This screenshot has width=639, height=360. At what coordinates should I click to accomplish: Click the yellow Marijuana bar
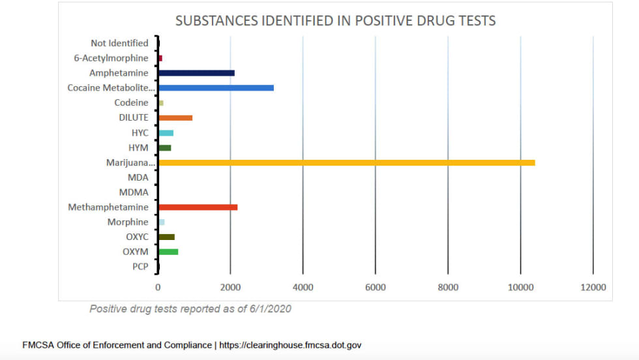346,162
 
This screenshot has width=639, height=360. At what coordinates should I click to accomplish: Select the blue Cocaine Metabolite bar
216,87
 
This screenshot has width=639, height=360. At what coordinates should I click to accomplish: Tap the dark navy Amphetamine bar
196,73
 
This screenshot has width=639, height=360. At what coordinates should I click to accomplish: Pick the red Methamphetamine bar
198,207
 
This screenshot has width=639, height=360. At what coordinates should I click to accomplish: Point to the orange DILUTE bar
175,118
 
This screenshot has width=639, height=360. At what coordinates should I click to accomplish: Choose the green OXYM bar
168,252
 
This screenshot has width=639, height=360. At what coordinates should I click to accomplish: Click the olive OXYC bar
166,237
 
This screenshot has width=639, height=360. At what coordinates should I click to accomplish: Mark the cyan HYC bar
166,133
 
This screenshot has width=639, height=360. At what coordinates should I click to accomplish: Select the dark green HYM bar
164,147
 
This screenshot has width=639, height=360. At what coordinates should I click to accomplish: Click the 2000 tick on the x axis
230,287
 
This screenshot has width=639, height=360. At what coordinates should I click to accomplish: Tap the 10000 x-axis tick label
520,287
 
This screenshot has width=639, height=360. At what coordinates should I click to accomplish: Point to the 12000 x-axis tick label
593,287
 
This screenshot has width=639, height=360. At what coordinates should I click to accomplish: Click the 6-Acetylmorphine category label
111,58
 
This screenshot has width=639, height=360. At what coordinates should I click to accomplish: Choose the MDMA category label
134,192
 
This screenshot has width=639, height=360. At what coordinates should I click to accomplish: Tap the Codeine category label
131,102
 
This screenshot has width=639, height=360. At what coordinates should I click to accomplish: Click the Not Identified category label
119,43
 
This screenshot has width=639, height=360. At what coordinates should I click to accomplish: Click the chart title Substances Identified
335,21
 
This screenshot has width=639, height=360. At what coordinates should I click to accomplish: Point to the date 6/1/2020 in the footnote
269,309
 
